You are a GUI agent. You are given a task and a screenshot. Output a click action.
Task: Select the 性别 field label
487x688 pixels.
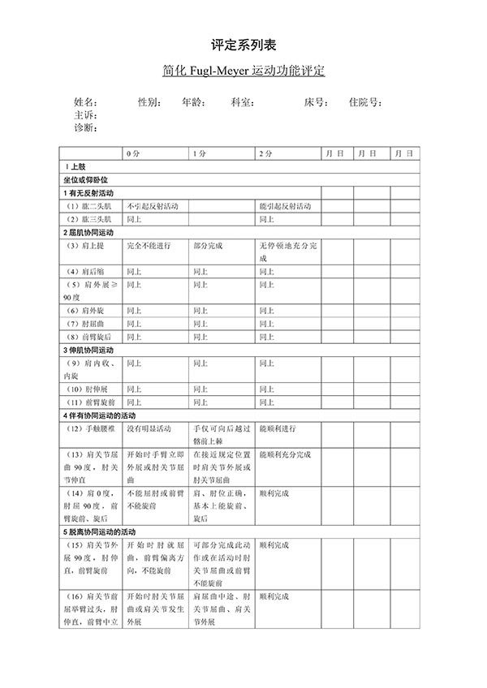pos(149,103)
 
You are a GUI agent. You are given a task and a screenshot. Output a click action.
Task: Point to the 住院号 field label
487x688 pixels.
pos(365,103)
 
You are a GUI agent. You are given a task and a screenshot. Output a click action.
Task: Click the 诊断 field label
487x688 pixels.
pos(85,127)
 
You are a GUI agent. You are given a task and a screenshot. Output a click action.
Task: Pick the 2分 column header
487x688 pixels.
pos(266,153)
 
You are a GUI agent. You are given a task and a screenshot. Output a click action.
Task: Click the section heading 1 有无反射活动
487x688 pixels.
pos(88,193)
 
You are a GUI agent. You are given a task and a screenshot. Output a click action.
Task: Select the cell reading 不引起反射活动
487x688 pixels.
pos(153,206)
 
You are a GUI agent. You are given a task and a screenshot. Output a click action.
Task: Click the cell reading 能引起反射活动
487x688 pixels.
pos(285,206)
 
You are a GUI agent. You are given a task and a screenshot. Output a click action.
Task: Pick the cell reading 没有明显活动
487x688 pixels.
pos(149,428)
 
